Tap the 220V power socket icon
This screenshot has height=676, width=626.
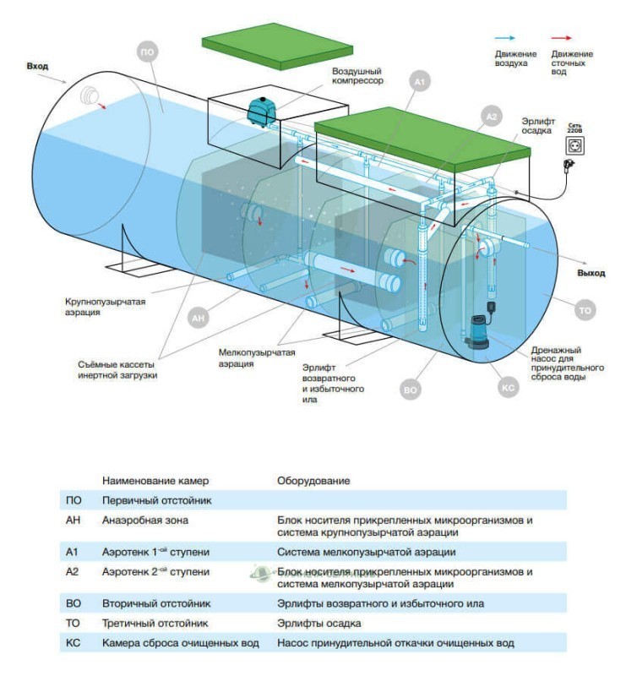point(576,146)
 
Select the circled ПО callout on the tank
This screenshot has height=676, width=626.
point(148,52)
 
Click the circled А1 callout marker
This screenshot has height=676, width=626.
point(420,82)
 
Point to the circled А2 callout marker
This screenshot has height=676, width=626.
point(492,115)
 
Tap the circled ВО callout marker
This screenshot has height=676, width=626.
point(411,390)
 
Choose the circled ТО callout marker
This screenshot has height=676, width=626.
point(585,311)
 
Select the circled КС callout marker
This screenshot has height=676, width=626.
point(509,388)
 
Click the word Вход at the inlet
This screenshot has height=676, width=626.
point(38,65)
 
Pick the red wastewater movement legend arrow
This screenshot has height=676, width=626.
point(561,38)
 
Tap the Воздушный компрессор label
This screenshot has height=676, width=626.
point(357,76)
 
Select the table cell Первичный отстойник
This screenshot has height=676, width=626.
point(144,500)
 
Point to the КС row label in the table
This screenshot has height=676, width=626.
point(73,644)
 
